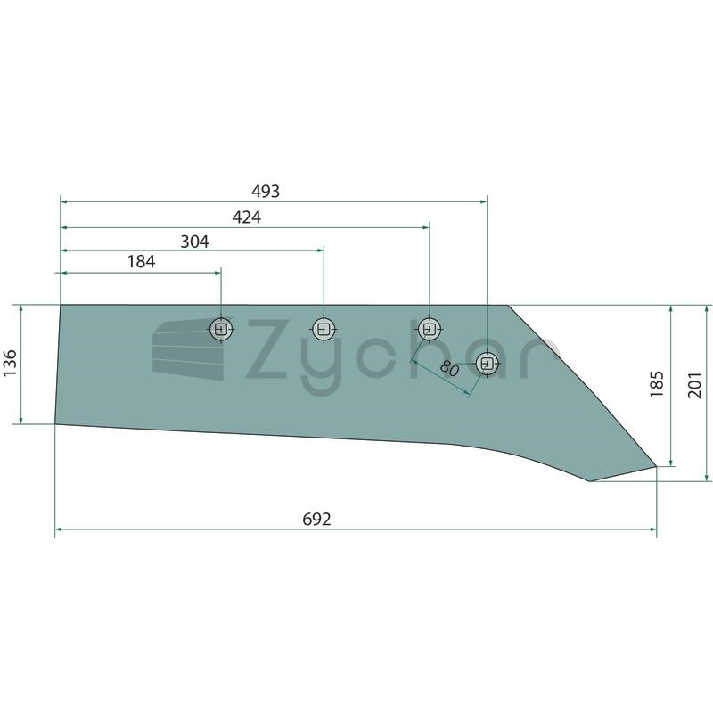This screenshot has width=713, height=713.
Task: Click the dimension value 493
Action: (266, 192)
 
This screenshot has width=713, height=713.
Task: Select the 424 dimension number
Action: (247, 217)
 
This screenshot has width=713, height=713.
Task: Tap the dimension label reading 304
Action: (194, 242)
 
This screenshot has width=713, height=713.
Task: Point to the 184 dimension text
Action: (142, 262)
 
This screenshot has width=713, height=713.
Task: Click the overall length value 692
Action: (316, 519)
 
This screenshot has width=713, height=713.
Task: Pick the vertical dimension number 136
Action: (10, 363)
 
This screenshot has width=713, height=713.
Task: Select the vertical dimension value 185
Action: (656, 384)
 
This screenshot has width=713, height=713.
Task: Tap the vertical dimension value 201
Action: (694, 385)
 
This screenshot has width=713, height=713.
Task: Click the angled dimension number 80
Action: (450, 368)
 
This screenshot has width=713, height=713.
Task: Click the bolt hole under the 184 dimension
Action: (221, 329)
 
